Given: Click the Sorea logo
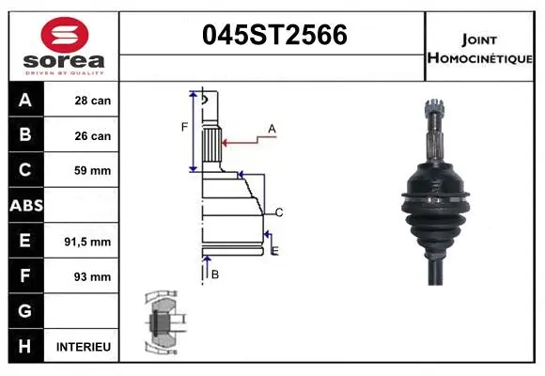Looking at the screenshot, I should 64,47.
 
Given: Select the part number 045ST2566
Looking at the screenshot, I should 275,35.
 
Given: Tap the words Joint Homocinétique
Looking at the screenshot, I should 479,48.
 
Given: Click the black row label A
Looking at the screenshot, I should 25,101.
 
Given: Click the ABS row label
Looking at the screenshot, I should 25,206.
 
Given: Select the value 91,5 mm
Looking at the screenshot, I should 87,242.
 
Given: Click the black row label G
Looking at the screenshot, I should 25,311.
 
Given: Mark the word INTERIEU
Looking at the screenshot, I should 84,347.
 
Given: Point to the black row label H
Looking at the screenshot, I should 25,347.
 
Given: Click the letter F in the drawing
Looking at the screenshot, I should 185,126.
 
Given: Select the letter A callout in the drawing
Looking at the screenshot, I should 272,128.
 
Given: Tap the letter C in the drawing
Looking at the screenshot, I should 279,211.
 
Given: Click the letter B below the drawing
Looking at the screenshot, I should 215,274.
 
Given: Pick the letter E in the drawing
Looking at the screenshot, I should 274,249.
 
